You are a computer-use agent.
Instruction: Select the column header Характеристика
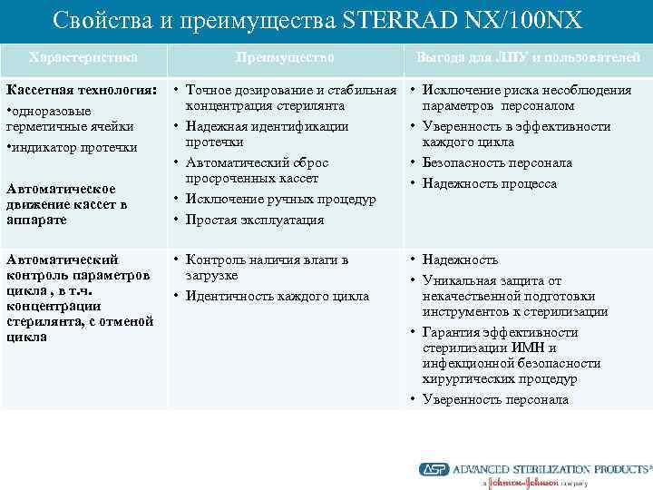click(x=83, y=57)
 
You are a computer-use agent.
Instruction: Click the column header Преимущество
click(x=285, y=57)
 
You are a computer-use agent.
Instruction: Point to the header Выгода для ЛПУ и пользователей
click(x=528, y=57)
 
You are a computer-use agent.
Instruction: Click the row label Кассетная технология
click(x=81, y=91)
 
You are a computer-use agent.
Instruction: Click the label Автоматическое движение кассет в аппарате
click(x=67, y=204)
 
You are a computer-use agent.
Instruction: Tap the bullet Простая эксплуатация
click(x=255, y=219)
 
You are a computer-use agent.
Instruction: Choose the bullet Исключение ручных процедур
click(x=280, y=199)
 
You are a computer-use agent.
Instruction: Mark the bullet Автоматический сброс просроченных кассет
click(x=257, y=171)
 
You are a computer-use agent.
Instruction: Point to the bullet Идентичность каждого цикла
click(x=278, y=296)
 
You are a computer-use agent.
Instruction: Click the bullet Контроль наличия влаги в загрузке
click(x=267, y=267)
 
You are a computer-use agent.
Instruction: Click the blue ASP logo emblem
click(x=434, y=469)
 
